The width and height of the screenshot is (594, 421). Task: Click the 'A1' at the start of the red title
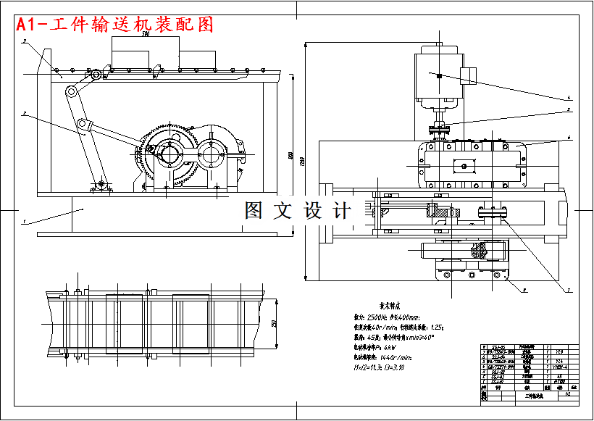(28, 25)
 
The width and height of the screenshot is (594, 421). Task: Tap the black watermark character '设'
(314, 211)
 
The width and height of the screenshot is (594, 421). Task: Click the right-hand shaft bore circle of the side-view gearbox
(215, 154)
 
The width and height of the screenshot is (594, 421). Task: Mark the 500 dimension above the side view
(146, 34)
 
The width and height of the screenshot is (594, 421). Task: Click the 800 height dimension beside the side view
(290, 156)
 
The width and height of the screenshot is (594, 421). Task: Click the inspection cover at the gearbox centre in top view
(462, 166)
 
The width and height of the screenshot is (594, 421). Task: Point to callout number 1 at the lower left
(22, 220)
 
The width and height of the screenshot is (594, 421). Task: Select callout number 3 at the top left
(24, 42)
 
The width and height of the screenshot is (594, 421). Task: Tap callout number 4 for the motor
(569, 96)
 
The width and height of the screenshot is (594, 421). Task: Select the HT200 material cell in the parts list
(559, 381)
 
